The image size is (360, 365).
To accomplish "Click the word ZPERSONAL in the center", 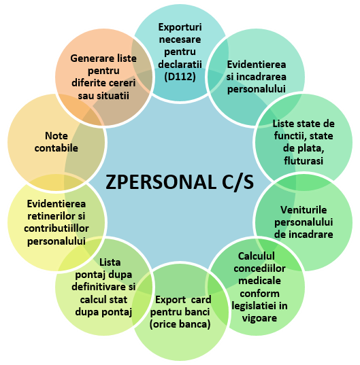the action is click(161, 181).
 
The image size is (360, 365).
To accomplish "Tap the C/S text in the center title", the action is click(238, 182).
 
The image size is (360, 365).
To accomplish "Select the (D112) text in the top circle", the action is click(180, 77).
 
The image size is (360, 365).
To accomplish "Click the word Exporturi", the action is click(180, 27).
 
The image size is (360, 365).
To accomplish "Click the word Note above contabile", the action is click(56, 136).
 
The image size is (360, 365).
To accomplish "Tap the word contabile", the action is click(56, 148).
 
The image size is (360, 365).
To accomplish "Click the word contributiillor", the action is click(56, 228).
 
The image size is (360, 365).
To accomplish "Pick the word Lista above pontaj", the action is click(110, 262).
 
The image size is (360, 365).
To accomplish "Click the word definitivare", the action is click(98, 287).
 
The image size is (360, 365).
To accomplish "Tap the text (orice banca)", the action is click(180, 324).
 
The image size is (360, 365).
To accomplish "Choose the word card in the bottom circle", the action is click(201, 300).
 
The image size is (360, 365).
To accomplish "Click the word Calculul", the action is click(257, 256).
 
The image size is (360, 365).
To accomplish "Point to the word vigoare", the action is click(259, 318).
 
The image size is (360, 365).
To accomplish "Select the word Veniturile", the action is click(304, 210).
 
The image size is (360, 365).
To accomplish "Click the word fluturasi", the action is click(304, 160).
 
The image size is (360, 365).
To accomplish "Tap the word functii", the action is click(290, 136).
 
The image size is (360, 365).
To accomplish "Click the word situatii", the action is click(114, 96).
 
